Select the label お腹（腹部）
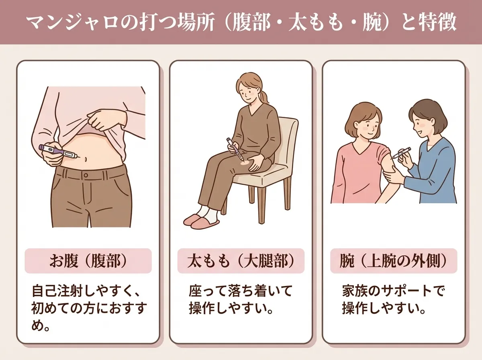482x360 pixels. [88, 261]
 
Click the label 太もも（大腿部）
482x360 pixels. [241, 261]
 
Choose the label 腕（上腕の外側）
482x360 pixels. [394, 261]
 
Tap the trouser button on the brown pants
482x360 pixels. [86, 176]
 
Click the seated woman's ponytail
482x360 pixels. [265, 97]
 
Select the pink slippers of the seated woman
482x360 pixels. [201, 221]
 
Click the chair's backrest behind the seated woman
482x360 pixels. [288, 141]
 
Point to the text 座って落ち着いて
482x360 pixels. [241, 291]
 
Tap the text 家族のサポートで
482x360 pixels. [394, 291]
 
